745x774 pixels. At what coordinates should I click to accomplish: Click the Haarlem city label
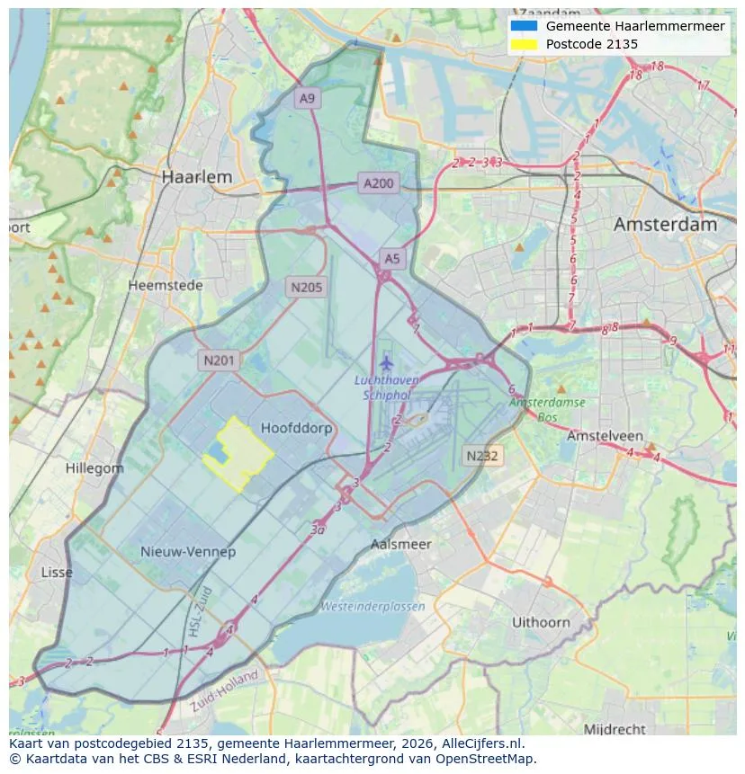click(x=196, y=177)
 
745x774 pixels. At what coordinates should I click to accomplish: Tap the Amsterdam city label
click(x=665, y=225)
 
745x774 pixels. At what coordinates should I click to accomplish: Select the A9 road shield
click(x=308, y=99)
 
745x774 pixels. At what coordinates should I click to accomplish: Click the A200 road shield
click(x=378, y=183)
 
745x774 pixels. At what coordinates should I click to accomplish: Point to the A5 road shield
click(x=392, y=259)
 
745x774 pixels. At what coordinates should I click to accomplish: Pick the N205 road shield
click(x=306, y=288)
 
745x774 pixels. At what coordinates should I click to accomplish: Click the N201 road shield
click(x=219, y=361)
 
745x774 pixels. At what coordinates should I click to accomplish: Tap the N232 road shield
click(x=482, y=456)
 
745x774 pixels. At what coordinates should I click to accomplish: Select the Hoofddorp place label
click(x=296, y=428)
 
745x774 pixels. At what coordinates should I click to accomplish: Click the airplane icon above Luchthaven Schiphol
click(x=386, y=363)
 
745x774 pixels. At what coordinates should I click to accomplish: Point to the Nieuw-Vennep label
click(x=188, y=551)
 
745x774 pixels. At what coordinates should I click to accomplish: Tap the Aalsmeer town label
click(x=401, y=544)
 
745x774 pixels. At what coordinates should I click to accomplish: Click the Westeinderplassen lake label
click(x=372, y=606)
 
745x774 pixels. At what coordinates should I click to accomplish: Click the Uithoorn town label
click(x=541, y=622)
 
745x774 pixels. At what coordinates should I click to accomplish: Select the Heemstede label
click(x=166, y=285)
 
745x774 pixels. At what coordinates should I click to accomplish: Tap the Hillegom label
click(x=94, y=468)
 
